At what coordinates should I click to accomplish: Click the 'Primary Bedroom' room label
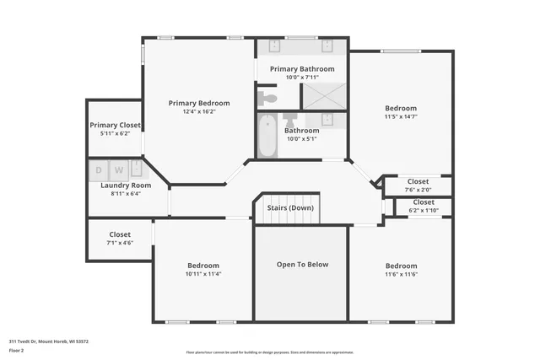(198, 103)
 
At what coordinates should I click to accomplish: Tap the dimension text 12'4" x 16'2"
(198, 112)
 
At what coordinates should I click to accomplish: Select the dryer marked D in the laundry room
(98, 169)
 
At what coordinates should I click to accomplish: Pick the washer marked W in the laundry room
(118, 169)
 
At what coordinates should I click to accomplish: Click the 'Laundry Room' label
(125, 185)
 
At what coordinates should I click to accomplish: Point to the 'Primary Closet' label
(115, 125)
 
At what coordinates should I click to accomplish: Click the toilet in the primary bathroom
(267, 97)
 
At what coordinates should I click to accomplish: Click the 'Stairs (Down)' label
(290, 207)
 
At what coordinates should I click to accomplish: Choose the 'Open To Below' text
(302, 264)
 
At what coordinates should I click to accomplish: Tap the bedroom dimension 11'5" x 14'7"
(401, 117)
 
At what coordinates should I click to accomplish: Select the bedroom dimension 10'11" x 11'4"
(202, 273)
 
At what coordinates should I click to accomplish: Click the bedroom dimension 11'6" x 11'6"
(401, 274)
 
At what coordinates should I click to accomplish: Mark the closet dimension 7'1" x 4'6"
(119, 243)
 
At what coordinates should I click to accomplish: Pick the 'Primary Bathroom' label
(301, 69)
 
